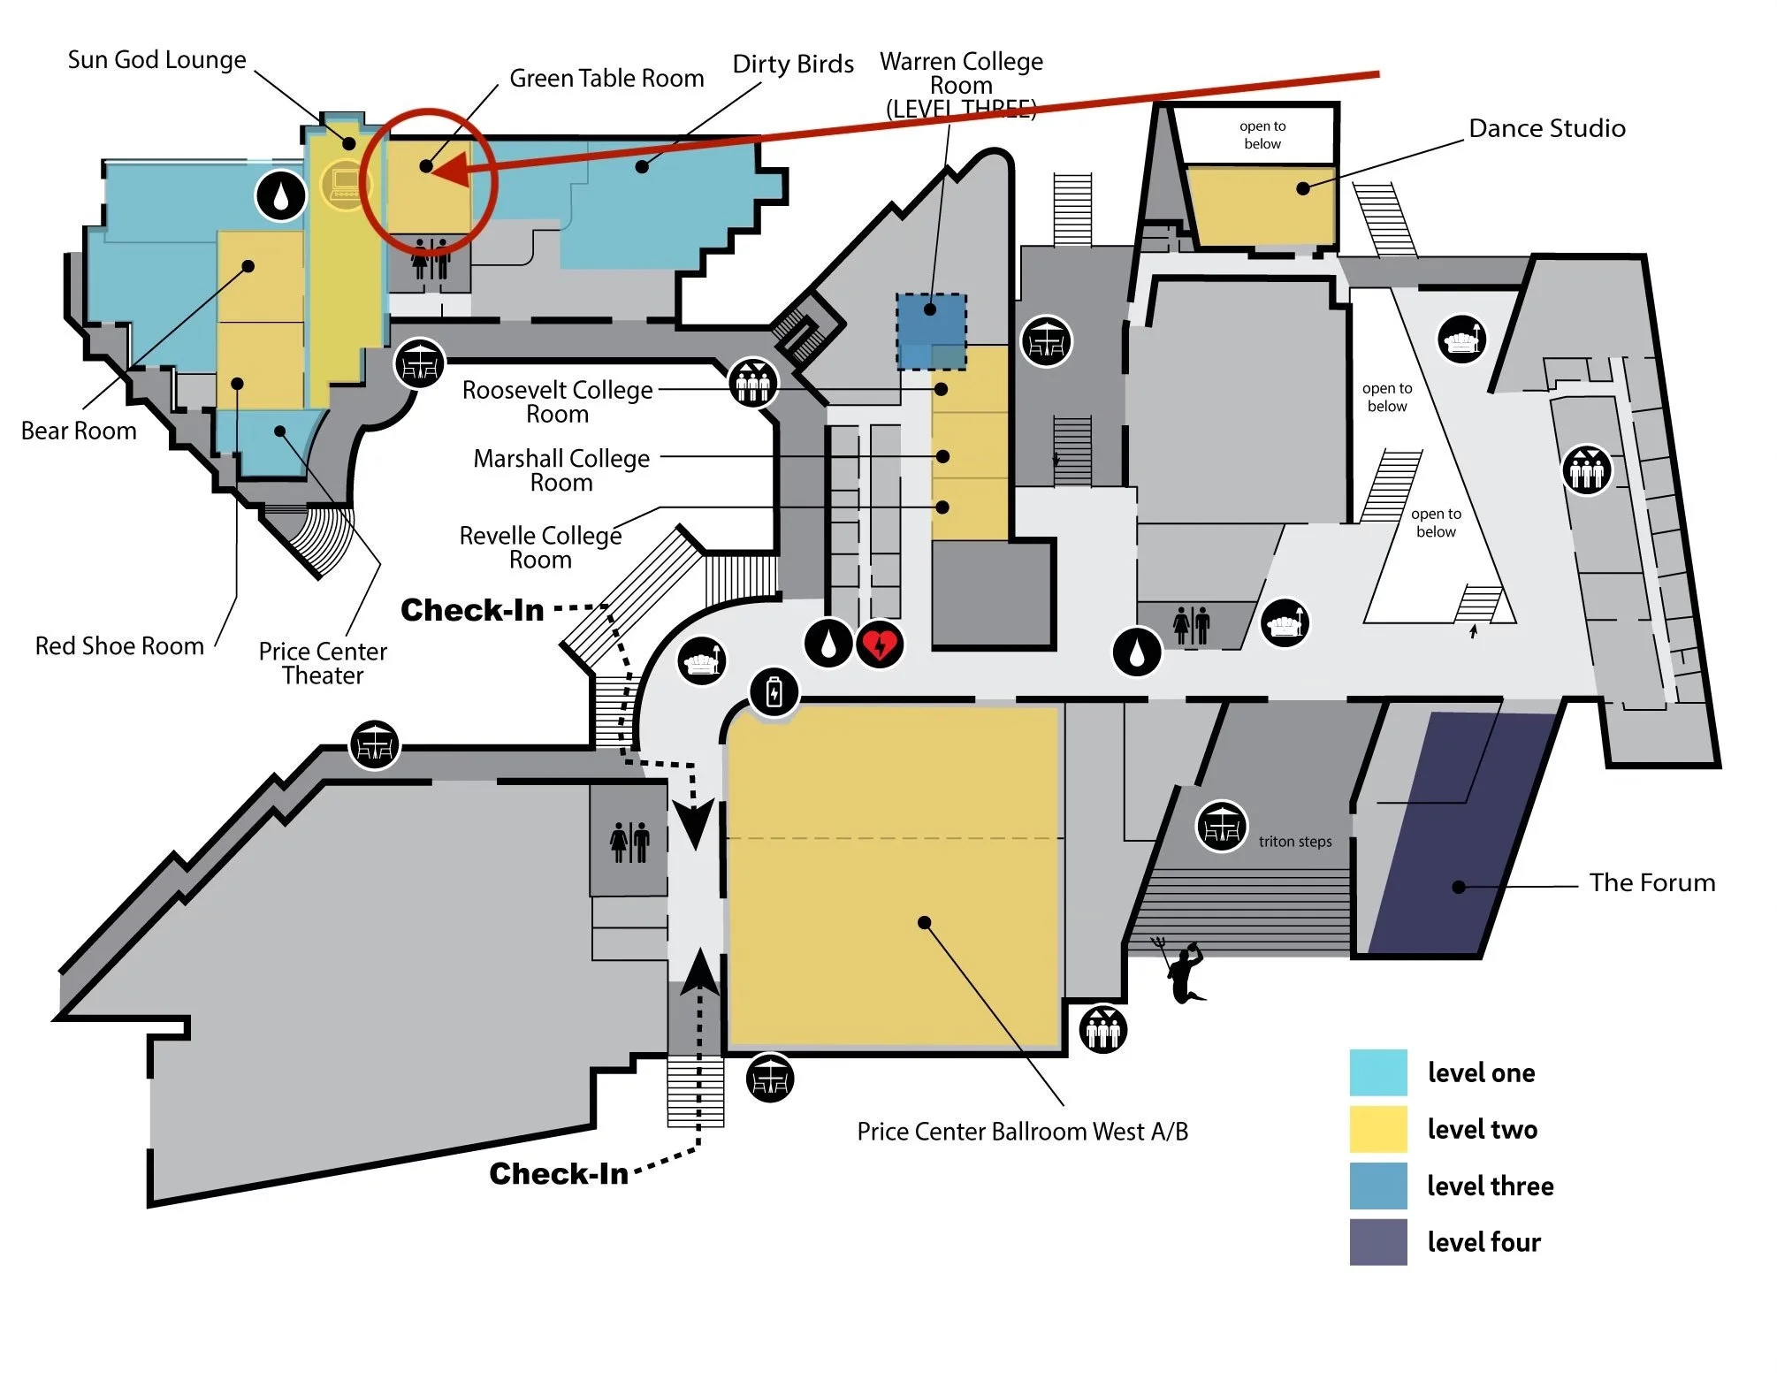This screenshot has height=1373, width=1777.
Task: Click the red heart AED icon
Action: [879, 645]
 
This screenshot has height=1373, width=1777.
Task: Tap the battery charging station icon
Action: [774, 692]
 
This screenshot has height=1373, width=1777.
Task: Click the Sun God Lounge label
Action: [157, 60]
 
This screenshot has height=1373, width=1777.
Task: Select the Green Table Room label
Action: [606, 79]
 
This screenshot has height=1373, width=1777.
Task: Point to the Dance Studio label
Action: [1546, 129]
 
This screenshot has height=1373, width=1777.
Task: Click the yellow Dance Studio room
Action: [1260, 205]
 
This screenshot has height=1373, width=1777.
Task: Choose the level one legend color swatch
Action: [1377, 1072]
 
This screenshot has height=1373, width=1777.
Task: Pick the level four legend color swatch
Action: [1377, 1241]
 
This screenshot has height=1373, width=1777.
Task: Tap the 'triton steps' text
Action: [1294, 842]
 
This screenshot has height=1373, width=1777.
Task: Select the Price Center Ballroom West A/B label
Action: [1022, 1132]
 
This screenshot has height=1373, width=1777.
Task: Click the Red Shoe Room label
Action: [119, 646]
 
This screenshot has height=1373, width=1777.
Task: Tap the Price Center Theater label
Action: [323, 663]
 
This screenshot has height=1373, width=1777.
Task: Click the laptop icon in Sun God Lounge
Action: [345, 184]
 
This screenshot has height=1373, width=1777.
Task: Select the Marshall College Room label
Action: [561, 470]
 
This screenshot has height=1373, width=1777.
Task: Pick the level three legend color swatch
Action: [1377, 1186]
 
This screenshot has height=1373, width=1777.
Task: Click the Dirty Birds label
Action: [793, 65]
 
